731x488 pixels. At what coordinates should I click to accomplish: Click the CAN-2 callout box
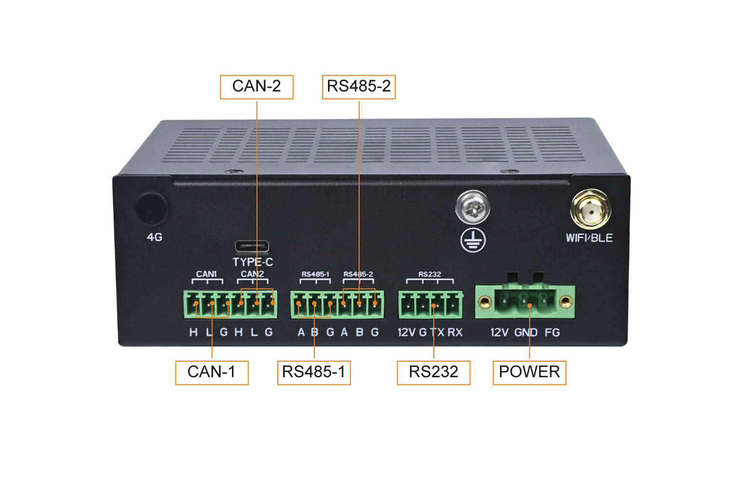tap(256, 87)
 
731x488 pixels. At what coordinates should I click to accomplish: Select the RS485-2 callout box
tap(359, 87)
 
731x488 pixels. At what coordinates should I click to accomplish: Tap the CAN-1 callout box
tap(212, 372)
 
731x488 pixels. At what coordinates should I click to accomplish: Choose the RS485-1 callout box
tap(314, 372)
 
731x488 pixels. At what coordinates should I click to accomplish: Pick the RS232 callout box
tap(433, 372)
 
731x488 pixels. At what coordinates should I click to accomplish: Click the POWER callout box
tap(529, 372)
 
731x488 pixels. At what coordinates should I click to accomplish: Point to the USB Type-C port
tap(252, 246)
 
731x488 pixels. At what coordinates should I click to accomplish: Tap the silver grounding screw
tap(473, 207)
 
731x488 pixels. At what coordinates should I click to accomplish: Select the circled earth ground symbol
tap(473, 240)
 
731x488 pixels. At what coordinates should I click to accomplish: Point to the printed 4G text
tap(154, 237)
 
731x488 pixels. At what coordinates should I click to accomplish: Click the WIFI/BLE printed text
tap(589, 238)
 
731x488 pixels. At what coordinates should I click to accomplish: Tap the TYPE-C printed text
tap(252, 262)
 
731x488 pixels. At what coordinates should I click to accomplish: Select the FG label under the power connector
tap(552, 333)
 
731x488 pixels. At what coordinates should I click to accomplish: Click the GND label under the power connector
tap(526, 333)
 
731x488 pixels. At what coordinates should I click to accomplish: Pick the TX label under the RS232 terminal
tap(438, 332)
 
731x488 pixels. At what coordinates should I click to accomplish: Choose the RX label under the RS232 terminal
tap(455, 332)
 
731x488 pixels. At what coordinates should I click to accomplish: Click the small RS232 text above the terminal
tap(429, 274)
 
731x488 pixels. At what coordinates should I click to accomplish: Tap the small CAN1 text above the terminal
tap(206, 274)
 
